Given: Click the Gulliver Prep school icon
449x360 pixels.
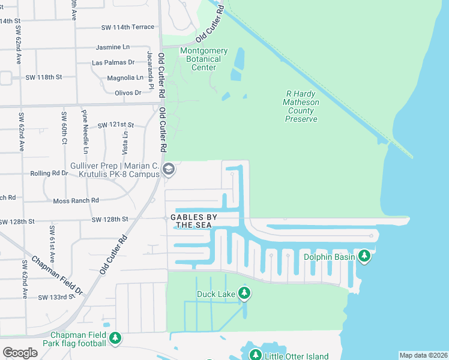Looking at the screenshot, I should [169, 170].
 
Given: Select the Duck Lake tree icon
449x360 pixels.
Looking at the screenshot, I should [244, 293].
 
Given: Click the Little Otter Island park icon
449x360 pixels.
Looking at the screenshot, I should [255, 355].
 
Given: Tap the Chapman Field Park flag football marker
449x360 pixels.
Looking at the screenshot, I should [115, 338].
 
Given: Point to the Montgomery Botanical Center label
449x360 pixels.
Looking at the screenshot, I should [203, 59].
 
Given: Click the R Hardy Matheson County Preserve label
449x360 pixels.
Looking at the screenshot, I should [301, 107].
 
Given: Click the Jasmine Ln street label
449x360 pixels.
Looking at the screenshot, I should [112, 47].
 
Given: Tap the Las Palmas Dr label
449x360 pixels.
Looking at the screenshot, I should [113, 62].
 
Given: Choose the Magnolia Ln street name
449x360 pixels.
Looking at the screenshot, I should [125, 77].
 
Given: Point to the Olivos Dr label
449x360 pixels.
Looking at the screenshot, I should [127, 92].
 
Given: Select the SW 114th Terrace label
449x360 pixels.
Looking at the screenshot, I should [128, 27].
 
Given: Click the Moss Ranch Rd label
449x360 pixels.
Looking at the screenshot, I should [76, 201].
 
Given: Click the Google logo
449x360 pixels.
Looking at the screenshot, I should [20, 353].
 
